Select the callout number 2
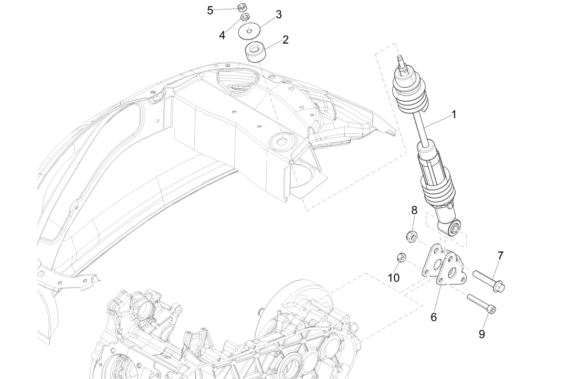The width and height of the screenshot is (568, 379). click(x=285, y=40)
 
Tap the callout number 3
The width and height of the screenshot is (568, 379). click(x=279, y=15)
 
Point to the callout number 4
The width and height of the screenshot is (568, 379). click(x=222, y=35)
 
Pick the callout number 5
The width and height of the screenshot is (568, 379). click(x=210, y=10)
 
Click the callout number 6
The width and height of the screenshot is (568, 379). click(x=434, y=317)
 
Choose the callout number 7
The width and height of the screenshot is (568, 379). click(x=500, y=256)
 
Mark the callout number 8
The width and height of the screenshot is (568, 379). click(x=414, y=210)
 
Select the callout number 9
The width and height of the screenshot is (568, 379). click(x=481, y=334)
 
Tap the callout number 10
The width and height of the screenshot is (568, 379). click(x=394, y=277)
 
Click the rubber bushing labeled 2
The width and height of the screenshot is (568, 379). click(x=256, y=52)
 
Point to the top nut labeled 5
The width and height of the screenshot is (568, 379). click(x=243, y=7)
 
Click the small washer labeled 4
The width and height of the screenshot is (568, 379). click(x=245, y=18)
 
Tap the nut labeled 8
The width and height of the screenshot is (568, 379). click(x=412, y=237)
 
